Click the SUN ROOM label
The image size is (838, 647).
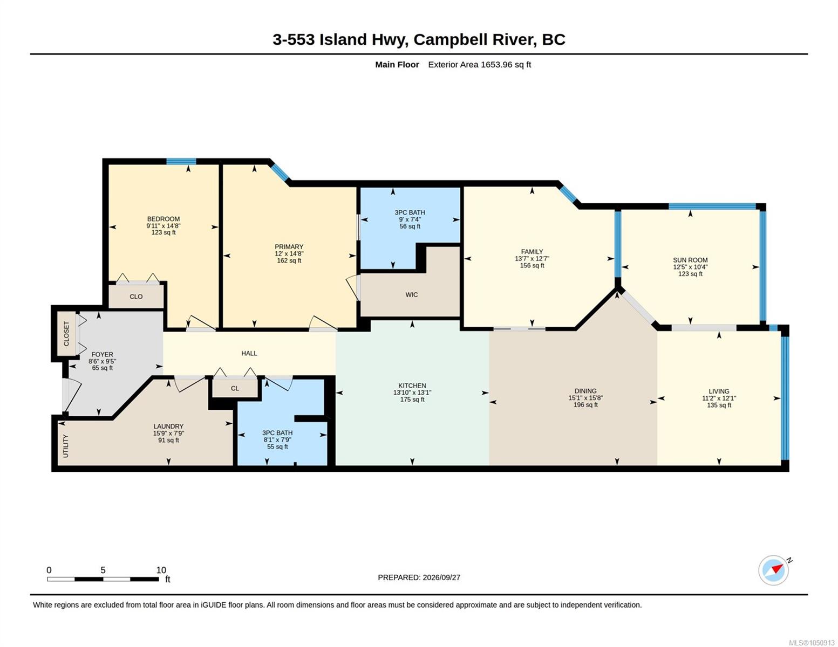click(x=690, y=260)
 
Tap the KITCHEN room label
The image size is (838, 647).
click(x=412, y=386)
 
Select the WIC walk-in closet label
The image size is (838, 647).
click(x=411, y=295)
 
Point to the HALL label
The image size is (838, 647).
click(x=249, y=353)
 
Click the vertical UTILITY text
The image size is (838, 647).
click(x=65, y=446)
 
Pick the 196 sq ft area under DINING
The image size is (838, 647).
click(x=585, y=405)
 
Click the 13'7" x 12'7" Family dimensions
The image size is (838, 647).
click(x=532, y=259)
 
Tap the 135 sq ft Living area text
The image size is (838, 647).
click(x=719, y=405)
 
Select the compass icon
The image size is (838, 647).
click(x=774, y=570)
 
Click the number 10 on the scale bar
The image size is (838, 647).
click(x=161, y=570)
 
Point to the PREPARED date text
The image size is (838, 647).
click(x=419, y=577)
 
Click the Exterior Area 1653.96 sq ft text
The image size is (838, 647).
click(x=479, y=65)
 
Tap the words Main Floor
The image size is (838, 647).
click(x=397, y=65)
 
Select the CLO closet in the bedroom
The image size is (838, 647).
click(x=136, y=297)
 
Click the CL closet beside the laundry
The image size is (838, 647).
click(x=235, y=388)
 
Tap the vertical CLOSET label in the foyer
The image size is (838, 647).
click(x=66, y=334)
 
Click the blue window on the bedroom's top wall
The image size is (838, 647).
click(x=181, y=161)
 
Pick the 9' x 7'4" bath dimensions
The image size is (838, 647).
click(x=410, y=219)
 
